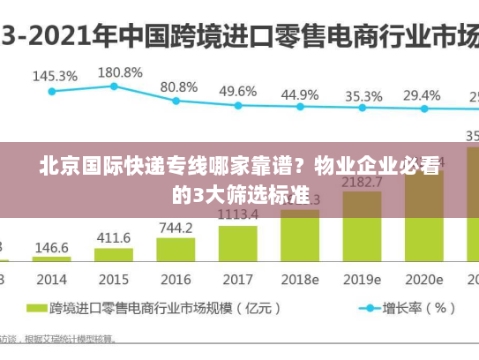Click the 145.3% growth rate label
(x=55, y=76)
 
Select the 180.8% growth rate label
(x=120, y=71)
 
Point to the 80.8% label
(x=179, y=86)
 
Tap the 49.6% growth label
(x=238, y=91)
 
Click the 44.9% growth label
(x=300, y=94)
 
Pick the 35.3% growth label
(x=363, y=95)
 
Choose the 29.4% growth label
(x=422, y=94)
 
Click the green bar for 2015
(x=114, y=254)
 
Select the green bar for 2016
(x=176, y=249)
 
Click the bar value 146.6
(x=52, y=248)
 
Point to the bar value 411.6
(x=113, y=237)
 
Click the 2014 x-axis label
(x=52, y=279)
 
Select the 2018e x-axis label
(x=299, y=279)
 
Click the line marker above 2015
(x=114, y=86)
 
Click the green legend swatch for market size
(x=35, y=309)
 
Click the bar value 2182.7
(x=362, y=182)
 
